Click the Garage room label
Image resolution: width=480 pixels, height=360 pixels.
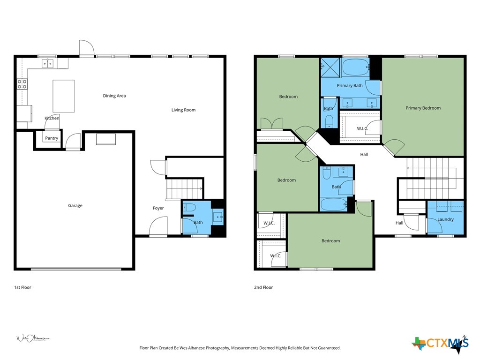(x=75, y=205)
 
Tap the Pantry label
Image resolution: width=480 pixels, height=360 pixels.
(x=52, y=138)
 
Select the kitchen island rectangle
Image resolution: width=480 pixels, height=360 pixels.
(x=63, y=96)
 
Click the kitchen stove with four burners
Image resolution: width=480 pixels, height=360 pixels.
(x=22, y=84)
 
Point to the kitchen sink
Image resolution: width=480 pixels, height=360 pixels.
(x=48, y=63)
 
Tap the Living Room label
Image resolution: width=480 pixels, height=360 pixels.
(x=183, y=110)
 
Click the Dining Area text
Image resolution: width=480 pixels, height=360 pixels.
(x=114, y=96)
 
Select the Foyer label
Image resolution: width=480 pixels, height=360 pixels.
(x=158, y=208)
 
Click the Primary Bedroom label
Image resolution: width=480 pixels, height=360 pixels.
(x=423, y=108)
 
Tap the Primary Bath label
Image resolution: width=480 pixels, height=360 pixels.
(x=350, y=86)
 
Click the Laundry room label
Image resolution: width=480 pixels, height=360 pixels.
(x=445, y=219)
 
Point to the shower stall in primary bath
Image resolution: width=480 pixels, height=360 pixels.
(x=330, y=67)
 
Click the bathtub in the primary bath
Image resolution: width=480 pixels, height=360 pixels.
(x=355, y=67)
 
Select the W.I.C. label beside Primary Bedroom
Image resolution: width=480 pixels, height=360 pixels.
(x=362, y=128)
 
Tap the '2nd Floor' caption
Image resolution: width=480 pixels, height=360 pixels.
(x=263, y=287)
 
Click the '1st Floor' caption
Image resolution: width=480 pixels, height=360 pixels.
(x=22, y=287)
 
